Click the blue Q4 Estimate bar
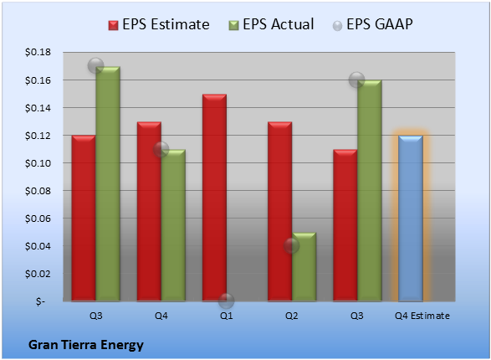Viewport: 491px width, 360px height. point(410,219)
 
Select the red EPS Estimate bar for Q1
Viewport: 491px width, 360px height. point(214,198)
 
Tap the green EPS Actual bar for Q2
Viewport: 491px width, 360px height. point(304,267)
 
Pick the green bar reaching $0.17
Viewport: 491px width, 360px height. point(108,184)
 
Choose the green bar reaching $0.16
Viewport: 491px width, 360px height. point(370,191)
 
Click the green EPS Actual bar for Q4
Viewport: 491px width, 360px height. point(173,225)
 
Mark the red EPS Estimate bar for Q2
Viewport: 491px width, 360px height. point(279,212)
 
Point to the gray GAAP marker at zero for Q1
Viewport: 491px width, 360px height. point(226,301)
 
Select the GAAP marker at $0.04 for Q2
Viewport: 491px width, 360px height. point(292,245)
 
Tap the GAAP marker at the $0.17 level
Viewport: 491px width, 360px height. point(96,66)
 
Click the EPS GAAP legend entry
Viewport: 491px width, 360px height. point(372,24)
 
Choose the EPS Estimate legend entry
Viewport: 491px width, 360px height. point(159,24)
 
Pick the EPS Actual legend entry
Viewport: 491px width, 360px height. point(271,24)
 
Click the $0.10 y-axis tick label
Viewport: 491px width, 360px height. point(38,163)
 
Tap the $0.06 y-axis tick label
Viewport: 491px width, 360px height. point(38,219)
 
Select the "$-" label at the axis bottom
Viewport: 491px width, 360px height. point(40,301)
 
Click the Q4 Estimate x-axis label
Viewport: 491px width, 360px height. point(422,316)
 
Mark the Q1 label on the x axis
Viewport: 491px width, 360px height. point(226,316)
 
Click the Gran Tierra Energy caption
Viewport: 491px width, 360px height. point(86,345)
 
